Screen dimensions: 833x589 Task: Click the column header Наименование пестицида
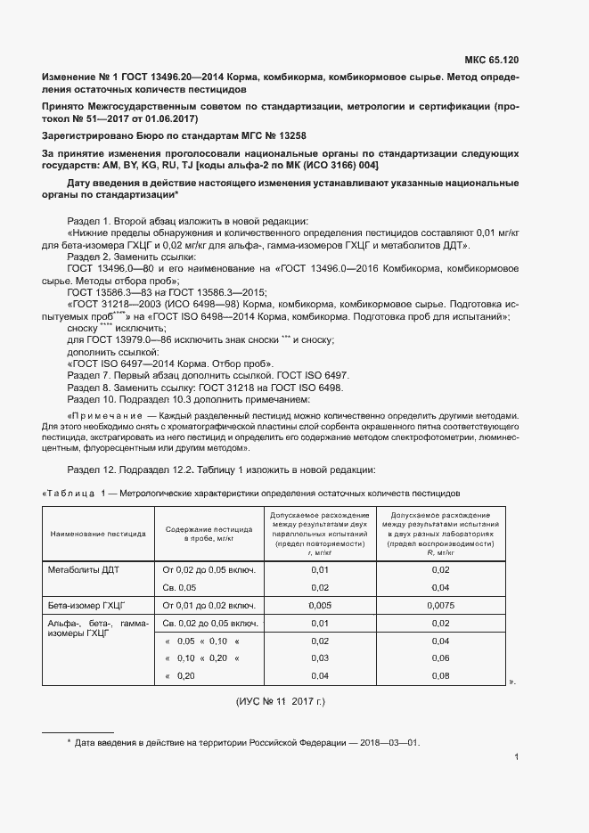click(x=99, y=535)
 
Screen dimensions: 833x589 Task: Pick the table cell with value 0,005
click(x=319, y=606)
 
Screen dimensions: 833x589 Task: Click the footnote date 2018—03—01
click(x=389, y=742)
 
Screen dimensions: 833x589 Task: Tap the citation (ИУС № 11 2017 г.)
click(x=281, y=702)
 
